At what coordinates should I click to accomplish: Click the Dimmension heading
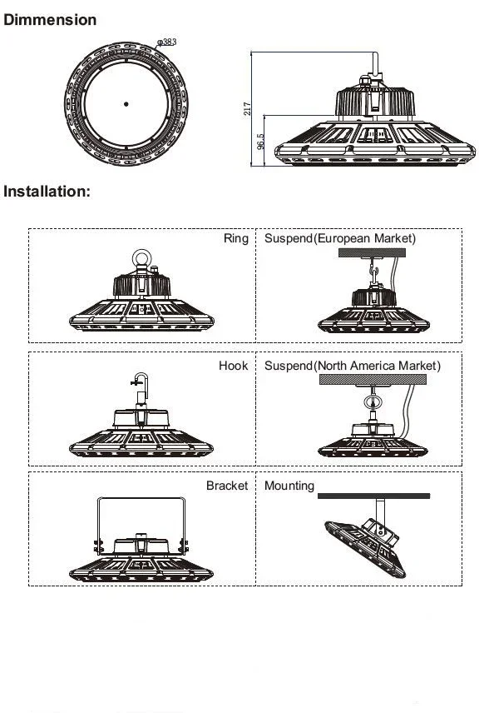(x=50, y=19)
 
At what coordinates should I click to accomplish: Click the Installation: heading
(x=47, y=191)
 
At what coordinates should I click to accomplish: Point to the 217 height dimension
(x=247, y=108)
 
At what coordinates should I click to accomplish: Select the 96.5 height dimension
(x=260, y=142)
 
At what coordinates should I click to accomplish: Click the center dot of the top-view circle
(x=126, y=104)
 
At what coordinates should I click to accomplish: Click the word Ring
(x=235, y=239)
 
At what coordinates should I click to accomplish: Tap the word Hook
(x=233, y=366)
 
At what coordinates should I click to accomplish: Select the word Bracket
(x=226, y=486)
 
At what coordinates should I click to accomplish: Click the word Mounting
(x=289, y=486)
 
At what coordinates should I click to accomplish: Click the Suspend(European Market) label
(x=339, y=239)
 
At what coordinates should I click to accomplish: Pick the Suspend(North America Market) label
(x=352, y=366)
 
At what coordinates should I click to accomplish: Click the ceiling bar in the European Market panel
(x=381, y=253)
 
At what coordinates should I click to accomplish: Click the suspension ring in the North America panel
(x=371, y=405)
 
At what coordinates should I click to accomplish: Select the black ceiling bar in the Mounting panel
(x=373, y=496)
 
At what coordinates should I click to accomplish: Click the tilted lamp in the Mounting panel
(x=366, y=542)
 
